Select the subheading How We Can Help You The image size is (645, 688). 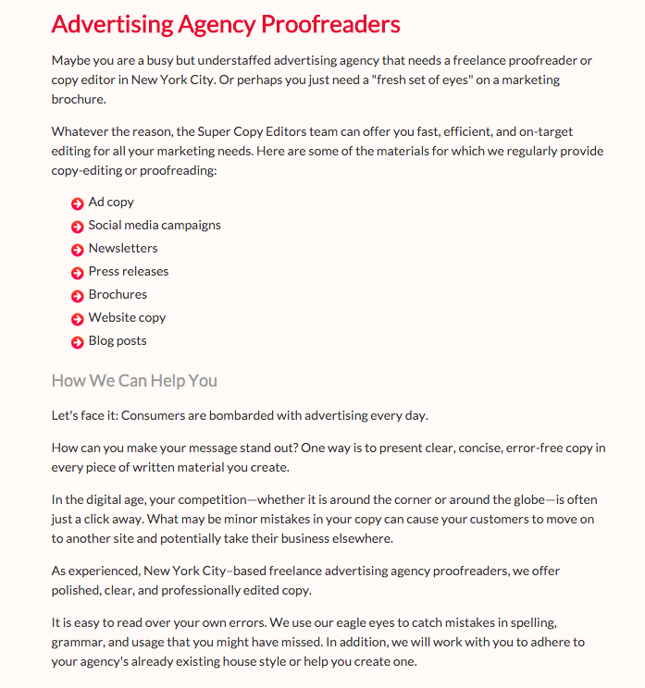134,381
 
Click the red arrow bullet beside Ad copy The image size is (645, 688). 78,203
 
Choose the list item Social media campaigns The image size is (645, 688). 155,225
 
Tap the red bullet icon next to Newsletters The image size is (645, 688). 78,250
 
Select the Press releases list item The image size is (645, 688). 129,271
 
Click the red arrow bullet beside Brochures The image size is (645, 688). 78,296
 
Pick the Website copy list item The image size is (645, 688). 127,317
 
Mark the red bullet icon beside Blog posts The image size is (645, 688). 78,342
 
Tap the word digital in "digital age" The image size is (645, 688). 102,500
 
